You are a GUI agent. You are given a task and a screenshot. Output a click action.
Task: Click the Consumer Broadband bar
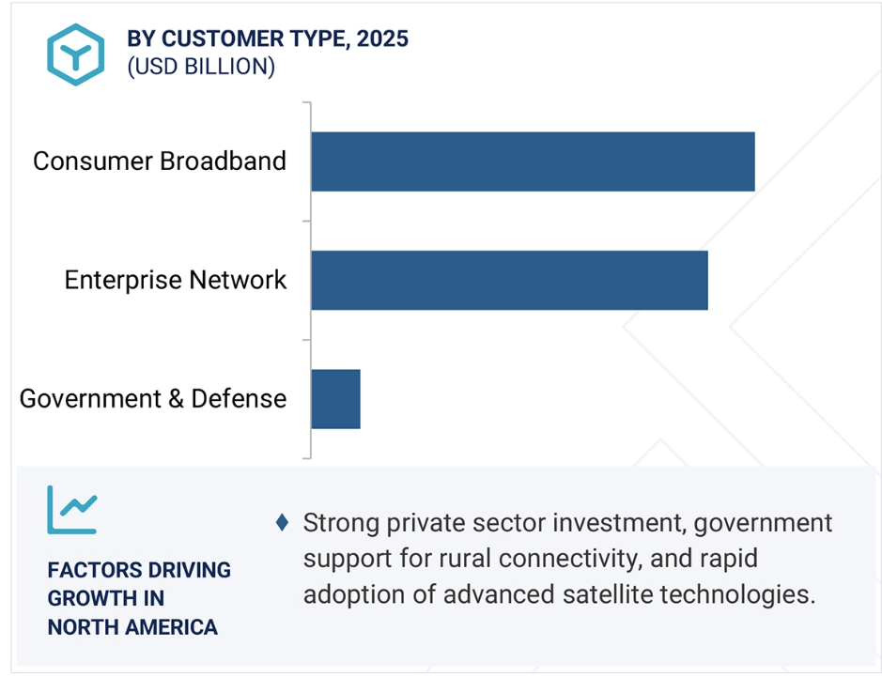coord(534,162)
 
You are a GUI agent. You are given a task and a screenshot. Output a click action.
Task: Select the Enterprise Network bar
coord(510,281)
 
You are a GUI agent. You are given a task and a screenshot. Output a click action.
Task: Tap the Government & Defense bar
coord(336,399)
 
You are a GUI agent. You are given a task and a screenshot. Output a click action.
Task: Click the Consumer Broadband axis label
coord(160,162)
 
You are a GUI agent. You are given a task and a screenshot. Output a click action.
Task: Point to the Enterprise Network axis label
coord(176,280)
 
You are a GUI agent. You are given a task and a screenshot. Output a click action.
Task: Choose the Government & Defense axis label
coord(153,399)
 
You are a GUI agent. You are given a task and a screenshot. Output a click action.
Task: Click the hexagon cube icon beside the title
coord(75,54)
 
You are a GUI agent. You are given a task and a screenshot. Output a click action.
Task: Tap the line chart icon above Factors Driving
coord(72,510)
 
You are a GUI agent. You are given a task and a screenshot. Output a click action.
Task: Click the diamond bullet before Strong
coord(283,522)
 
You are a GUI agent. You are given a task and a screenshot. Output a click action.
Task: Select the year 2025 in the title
coord(382,38)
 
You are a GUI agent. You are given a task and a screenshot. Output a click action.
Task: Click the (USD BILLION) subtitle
coord(201,67)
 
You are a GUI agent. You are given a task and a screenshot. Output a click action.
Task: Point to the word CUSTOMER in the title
coord(223,38)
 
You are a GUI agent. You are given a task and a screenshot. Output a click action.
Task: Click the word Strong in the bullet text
coord(341,523)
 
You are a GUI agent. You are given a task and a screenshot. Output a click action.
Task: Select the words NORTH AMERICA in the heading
coord(132,627)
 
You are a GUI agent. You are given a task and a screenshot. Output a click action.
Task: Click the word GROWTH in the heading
coord(87,598)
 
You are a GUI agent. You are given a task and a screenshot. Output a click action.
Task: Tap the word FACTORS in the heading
coord(86,570)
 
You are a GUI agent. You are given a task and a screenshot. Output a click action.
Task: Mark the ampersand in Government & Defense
coord(176,399)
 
